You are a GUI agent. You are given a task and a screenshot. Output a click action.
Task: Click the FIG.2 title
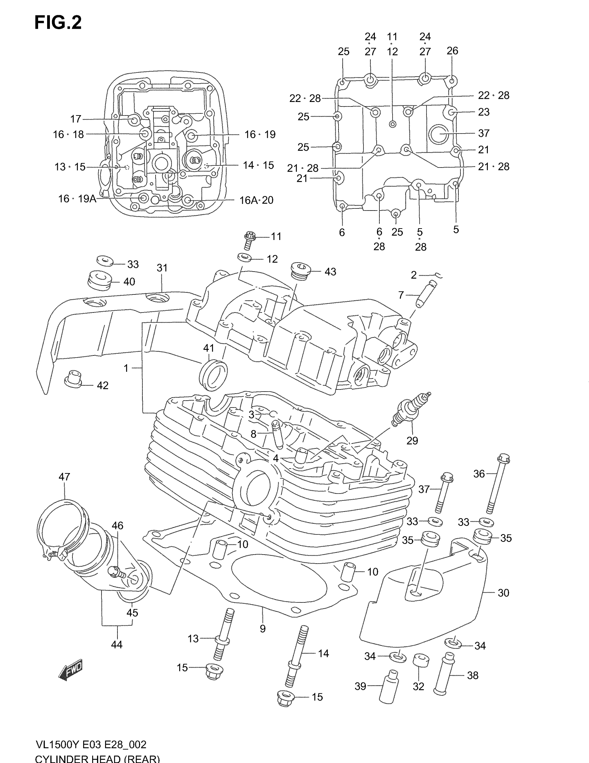(58, 23)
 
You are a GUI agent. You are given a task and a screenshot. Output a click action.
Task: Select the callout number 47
(64, 477)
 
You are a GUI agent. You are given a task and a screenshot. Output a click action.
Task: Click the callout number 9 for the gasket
(263, 629)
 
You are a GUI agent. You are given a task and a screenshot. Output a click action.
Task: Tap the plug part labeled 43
(300, 271)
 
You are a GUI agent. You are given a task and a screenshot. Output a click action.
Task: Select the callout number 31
(162, 268)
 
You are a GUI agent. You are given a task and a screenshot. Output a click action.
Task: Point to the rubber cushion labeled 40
(99, 280)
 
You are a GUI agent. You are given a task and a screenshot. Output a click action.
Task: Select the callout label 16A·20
(256, 200)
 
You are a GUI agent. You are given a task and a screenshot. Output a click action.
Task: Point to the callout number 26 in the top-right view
(452, 51)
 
